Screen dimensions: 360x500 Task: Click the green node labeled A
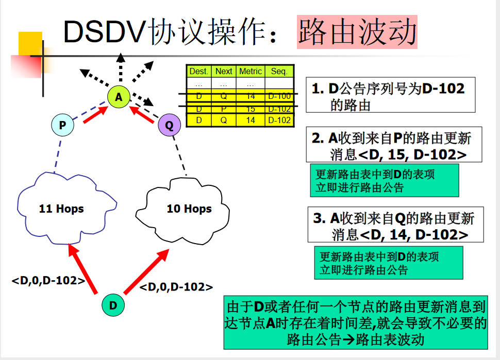(119, 96)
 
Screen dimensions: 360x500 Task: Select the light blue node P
(62, 125)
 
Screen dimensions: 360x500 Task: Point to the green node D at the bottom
(113, 305)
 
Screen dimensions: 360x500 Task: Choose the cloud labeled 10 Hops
(188, 208)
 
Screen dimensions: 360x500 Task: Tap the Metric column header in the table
(251, 72)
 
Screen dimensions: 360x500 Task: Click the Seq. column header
(279, 72)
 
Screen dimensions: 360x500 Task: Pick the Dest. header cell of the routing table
(198, 72)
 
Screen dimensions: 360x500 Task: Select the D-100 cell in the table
(279, 96)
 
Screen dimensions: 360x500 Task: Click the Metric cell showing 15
(251, 109)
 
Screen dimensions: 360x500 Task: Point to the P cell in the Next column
(224, 109)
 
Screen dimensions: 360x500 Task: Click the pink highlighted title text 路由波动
(357, 32)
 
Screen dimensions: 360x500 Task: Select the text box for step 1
(390, 96)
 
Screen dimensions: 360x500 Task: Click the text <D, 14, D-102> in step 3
(413, 235)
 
